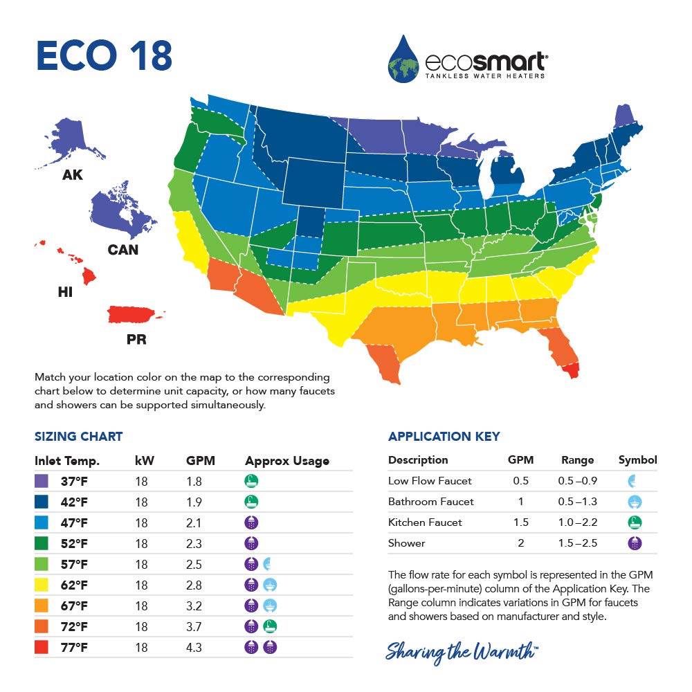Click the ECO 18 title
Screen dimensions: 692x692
click(x=104, y=57)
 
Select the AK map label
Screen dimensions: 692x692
click(x=72, y=175)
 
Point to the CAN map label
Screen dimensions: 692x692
click(x=123, y=250)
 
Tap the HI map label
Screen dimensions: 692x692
click(x=65, y=293)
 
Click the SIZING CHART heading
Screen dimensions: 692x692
click(x=78, y=437)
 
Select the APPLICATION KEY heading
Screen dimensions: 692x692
click(x=444, y=437)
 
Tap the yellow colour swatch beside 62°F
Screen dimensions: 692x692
click(x=42, y=585)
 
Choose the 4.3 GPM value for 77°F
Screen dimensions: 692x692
click(x=194, y=648)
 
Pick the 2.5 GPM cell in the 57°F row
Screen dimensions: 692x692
click(x=194, y=565)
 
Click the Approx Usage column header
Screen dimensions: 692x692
click(x=287, y=461)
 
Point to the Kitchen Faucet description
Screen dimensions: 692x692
click(x=425, y=522)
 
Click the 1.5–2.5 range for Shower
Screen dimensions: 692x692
click(x=577, y=543)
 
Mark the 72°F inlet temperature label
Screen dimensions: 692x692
click(x=73, y=627)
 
